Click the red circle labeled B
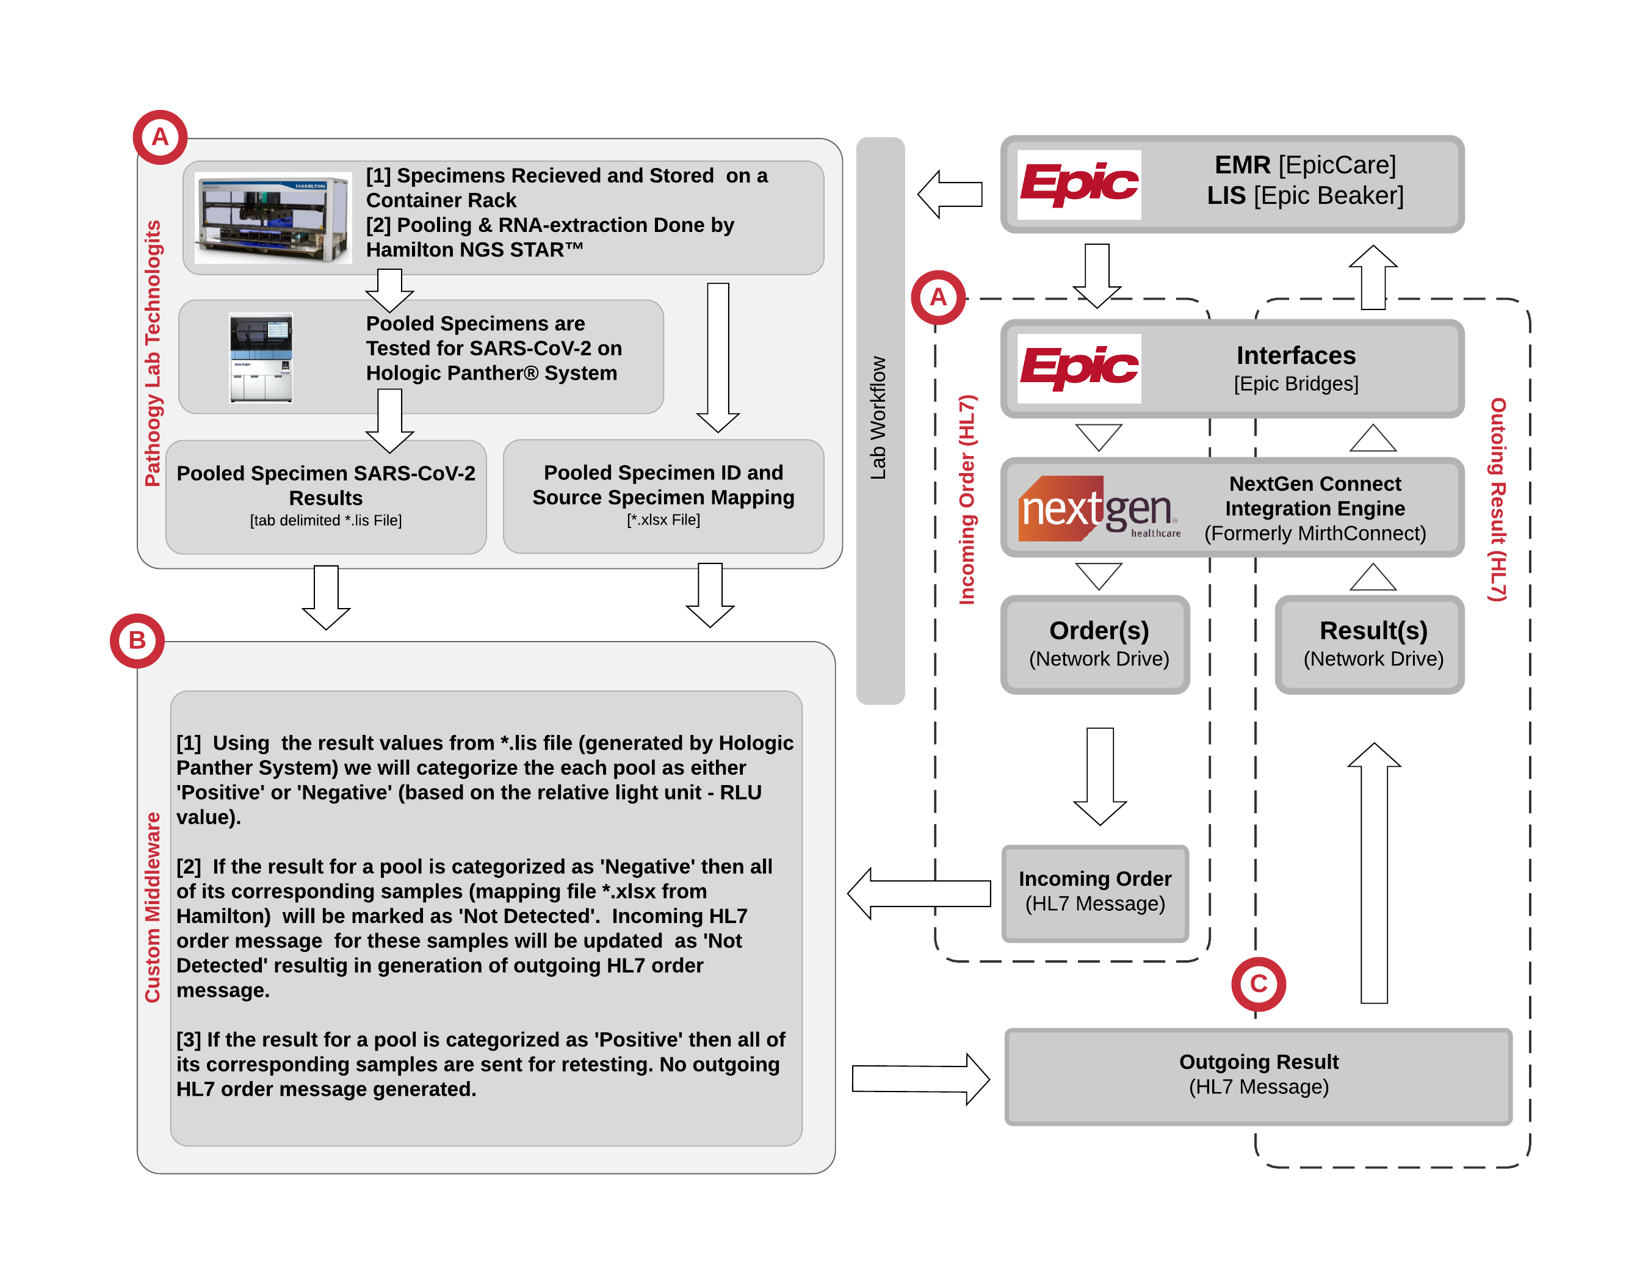point(137,640)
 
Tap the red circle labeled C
point(1258,983)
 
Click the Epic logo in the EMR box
point(1079,184)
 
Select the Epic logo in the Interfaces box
point(1079,368)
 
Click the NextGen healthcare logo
point(1098,508)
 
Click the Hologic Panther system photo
point(261,358)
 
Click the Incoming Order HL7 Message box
point(1094,892)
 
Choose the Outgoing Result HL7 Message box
point(1258,1074)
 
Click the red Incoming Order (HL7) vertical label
point(967,499)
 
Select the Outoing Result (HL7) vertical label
point(1498,499)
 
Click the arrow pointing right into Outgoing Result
point(920,1079)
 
